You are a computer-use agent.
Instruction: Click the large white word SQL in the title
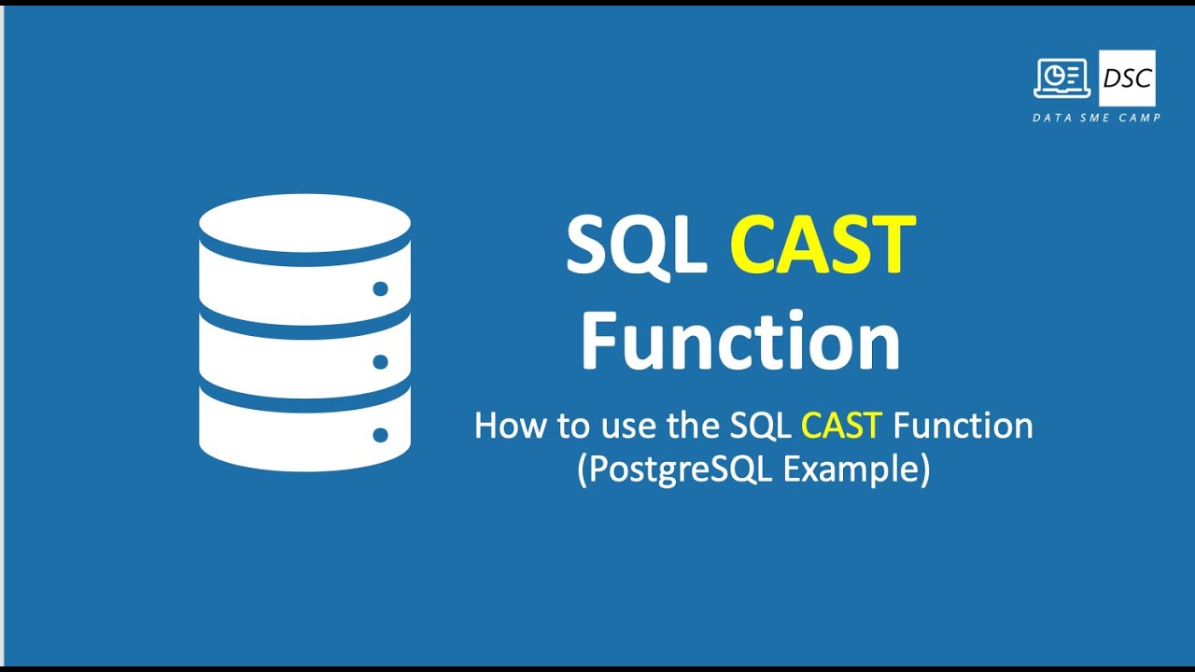click(636, 245)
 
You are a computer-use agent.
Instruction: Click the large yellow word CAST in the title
click(822, 245)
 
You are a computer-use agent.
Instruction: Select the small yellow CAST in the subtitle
click(841, 426)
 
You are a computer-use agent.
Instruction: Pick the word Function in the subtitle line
click(963, 426)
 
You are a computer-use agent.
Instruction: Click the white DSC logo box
click(1127, 78)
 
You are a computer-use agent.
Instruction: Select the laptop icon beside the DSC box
click(1062, 78)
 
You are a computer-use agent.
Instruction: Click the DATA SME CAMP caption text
click(1096, 118)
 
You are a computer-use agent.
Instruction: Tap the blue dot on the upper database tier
click(380, 288)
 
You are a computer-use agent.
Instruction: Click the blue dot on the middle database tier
click(380, 361)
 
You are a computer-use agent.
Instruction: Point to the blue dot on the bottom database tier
click(380, 434)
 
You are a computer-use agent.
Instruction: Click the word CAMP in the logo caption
click(1141, 118)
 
